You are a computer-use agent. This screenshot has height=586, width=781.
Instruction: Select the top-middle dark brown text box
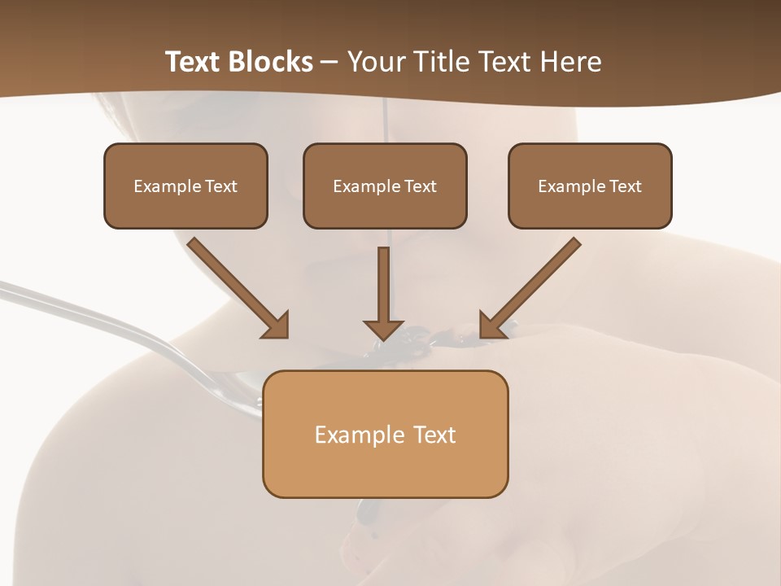[385, 208]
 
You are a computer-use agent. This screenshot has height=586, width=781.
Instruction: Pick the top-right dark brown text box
[590, 208]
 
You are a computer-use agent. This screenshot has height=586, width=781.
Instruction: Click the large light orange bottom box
[385, 468]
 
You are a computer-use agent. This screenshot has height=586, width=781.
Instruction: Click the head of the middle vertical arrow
[383, 329]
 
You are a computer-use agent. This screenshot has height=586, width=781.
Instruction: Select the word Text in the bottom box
[434, 435]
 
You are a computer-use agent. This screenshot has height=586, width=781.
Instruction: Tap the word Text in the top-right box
[625, 186]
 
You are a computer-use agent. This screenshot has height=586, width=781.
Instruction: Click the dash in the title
[330, 62]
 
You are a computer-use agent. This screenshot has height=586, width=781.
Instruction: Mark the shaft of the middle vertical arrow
[383, 281]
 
